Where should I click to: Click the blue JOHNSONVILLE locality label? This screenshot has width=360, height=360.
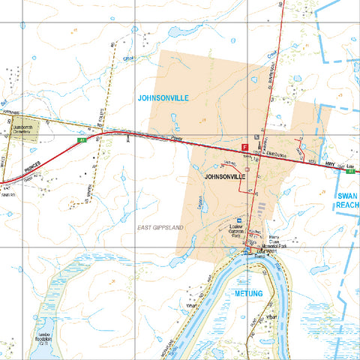[x=163, y=97]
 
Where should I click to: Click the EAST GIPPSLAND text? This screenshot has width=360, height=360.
[x=160, y=226]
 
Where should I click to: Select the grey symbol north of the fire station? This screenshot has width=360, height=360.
[x=257, y=138]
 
